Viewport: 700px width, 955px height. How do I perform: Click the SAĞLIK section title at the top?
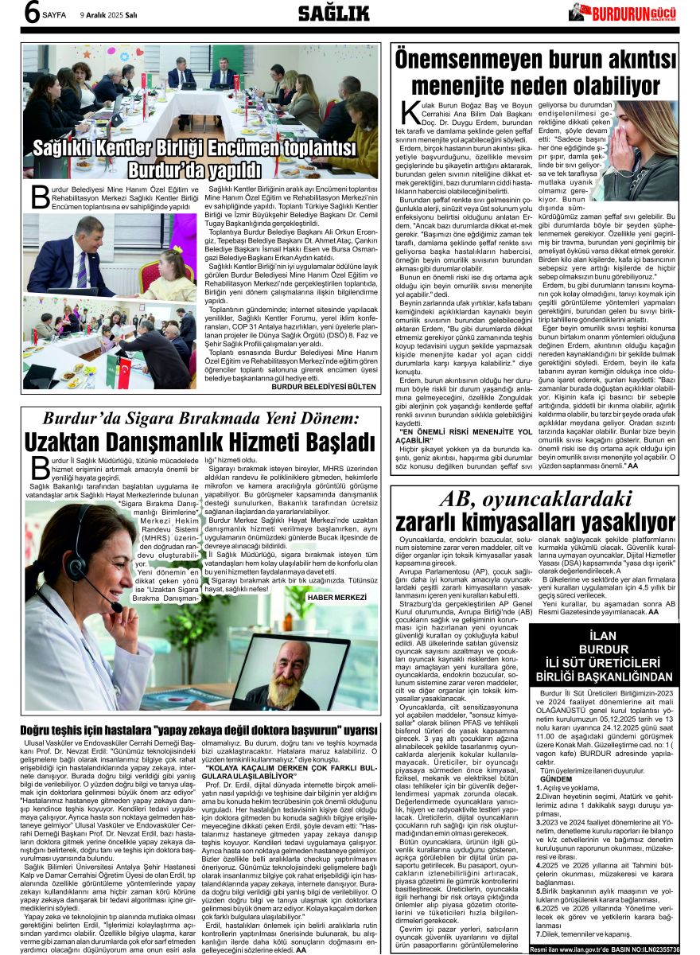click(x=333, y=13)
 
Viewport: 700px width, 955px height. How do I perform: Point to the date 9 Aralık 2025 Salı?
click(x=109, y=14)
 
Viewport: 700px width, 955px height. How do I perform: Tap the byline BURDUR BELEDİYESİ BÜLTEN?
click(x=323, y=387)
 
